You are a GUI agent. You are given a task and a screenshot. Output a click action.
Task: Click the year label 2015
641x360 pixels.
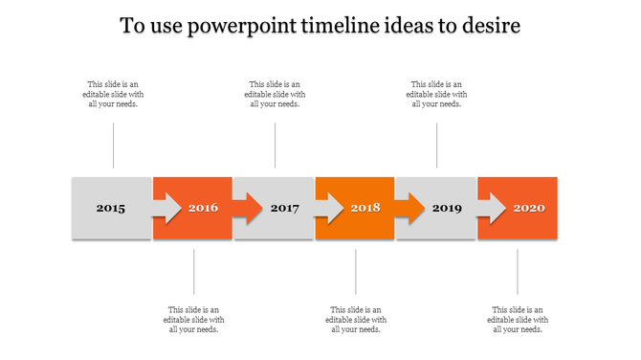(x=110, y=209)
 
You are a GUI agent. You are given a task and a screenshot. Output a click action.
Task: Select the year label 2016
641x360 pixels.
(x=203, y=209)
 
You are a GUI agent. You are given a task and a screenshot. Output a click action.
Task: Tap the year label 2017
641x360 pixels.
(x=284, y=209)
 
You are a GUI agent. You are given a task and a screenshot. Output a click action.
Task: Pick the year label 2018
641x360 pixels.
(x=365, y=209)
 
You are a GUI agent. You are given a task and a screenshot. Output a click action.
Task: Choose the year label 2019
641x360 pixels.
(x=447, y=209)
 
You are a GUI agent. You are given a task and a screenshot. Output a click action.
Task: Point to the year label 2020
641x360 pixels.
(x=529, y=209)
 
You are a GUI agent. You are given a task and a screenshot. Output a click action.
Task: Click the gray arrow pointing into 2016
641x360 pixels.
(x=166, y=208)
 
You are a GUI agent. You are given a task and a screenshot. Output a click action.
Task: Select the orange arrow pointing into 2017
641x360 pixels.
(x=247, y=208)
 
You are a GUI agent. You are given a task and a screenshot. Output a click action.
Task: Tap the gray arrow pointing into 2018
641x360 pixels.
(x=328, y=208)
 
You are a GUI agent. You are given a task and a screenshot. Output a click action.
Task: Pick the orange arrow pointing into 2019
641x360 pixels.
(x=409, y=208)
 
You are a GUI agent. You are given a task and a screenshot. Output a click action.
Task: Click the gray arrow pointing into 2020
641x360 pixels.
(x=491, y=208)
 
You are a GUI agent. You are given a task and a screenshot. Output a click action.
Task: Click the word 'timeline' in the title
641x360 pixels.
(x=341, y=26)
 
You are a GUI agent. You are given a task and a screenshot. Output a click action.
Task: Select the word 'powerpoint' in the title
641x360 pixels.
(x=242, y=26)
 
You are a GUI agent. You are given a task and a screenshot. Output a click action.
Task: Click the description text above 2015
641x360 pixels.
(x=113, y=95)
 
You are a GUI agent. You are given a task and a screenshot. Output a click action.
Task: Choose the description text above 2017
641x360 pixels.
(x=275, y=95)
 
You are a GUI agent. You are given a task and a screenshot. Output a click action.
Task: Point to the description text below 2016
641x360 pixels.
(x=194, y=320)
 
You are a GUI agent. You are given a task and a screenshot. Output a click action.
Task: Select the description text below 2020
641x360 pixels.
(x=518, y=320)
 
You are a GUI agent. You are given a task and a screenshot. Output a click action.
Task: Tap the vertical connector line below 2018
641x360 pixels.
(x=356, y=272)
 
